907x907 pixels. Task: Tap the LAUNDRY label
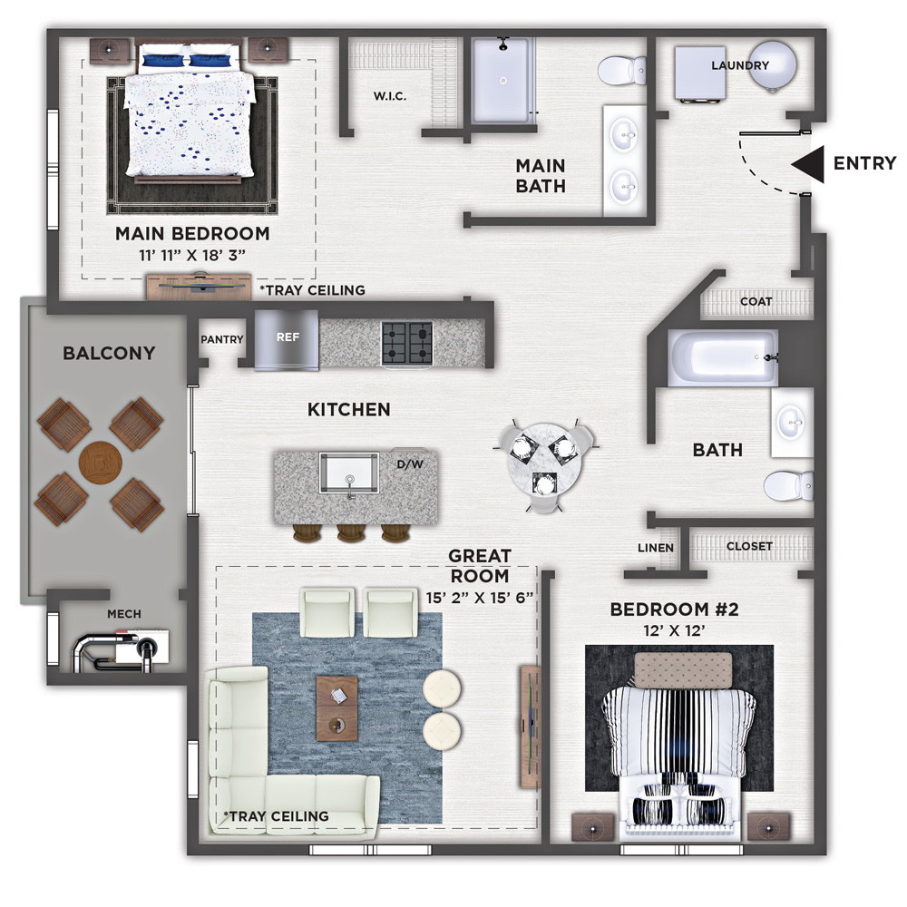point(740,65)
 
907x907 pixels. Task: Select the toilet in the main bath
point(622,70)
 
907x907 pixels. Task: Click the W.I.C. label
point(390,96)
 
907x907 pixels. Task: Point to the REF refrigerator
point(287,340)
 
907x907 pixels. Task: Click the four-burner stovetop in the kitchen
point(407,343)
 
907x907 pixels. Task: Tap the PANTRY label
point(221,339)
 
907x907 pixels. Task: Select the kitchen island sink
point(349,473)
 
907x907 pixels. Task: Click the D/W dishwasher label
point(410,463)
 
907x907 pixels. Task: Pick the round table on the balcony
point(100,463)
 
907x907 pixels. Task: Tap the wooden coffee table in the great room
point(336,708)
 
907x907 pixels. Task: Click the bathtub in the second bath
point(722,358)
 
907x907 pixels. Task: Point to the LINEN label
point(656,548)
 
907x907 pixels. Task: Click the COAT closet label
point(756,301)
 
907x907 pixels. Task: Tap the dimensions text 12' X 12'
point(674,630)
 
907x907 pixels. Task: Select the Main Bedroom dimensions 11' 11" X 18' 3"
point(192,255)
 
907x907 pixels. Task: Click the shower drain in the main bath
point(503,81)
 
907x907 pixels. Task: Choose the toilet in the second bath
point(788,486)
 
